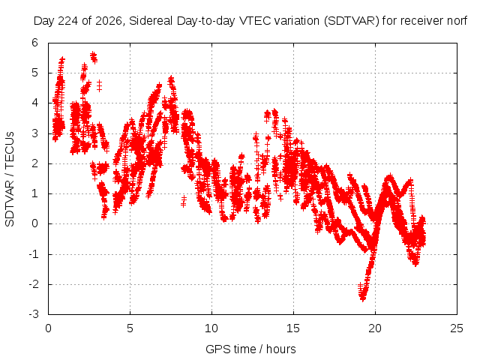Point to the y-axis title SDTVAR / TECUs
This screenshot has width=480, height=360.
tap(10, 179)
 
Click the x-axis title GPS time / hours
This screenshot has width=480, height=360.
tap(250, 349)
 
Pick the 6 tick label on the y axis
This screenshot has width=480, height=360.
tap(34, 43)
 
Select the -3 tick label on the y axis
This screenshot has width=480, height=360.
tap(34, 314)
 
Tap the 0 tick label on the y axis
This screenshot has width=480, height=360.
tap(34, 223)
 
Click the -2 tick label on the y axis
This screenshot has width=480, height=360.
tap(34, 284)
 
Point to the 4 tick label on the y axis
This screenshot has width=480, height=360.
tap(34, 103)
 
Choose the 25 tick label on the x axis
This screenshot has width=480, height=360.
tap(457, 328)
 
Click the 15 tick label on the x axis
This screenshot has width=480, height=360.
tap(293, 328)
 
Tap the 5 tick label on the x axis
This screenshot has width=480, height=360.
tap(130, 328)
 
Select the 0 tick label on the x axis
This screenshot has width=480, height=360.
tap(48, 328)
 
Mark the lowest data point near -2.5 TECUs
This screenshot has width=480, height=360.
tap(363, 298)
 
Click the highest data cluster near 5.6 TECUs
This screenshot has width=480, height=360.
tap(94, 57)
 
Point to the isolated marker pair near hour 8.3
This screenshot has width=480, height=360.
tap(184, 202)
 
